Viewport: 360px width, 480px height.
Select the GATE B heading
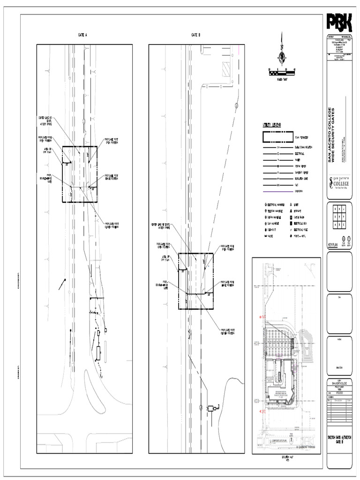click(x=196, y=35)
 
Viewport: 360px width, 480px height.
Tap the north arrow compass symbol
click(x=281, y=56)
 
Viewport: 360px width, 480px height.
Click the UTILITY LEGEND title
click(x=271, y=125)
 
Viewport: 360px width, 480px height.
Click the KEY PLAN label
click(x=332, y=244)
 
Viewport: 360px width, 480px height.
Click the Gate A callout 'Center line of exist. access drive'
click(x=45, y=120)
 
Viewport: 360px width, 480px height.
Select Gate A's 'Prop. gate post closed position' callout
click(x=112, y=226)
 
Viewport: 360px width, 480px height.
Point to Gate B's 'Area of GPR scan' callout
click(x=165, y=259)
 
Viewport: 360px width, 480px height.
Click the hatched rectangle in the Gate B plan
click(x=227, y=71)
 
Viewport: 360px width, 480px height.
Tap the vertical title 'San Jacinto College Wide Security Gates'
click(x=331, y=136)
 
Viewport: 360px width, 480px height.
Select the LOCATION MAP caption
click(x=285, y=457)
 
